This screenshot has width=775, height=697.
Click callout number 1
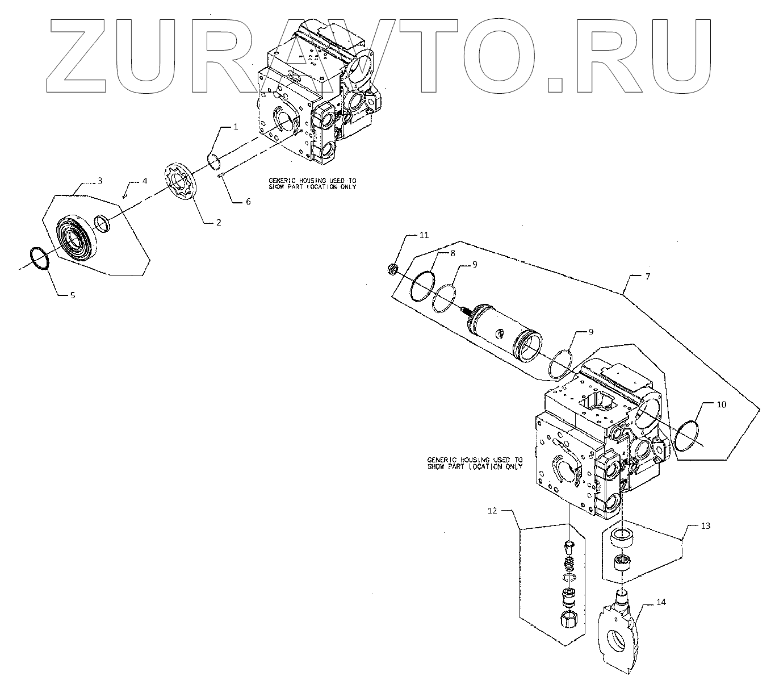236,127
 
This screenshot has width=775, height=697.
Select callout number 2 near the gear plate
218,222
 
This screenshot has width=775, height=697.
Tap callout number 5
72,295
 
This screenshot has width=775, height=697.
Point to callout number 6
248,202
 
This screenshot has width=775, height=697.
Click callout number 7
648,276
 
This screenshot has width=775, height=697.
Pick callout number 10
720,404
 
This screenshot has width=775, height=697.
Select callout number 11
425,235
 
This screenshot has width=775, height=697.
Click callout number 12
492,511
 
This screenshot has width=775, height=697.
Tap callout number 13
706,526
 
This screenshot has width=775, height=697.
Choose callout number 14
662,602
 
